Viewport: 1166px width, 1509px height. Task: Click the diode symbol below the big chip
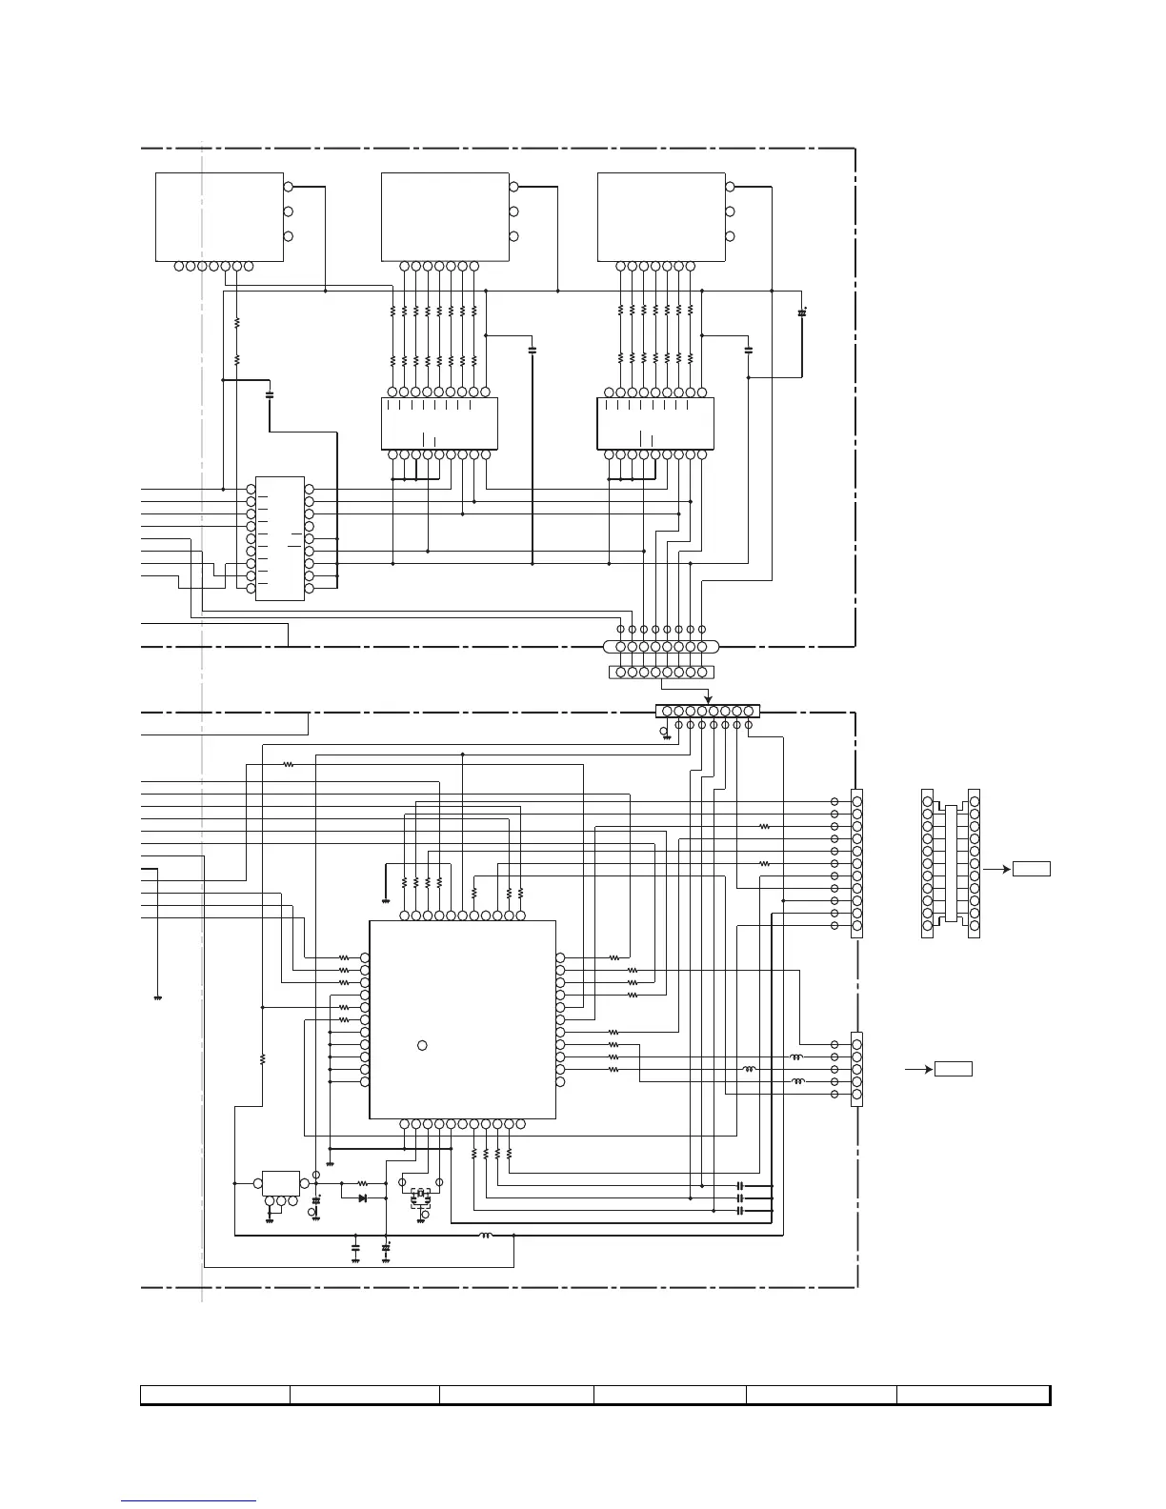(363, 1197)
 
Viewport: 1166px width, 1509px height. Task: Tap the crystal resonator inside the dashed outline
(419, 1194)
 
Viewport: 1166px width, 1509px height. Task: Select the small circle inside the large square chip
(422, 1046)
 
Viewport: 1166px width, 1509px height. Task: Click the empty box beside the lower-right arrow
(954, 1069)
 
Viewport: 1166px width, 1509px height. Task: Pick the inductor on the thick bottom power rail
(486, 1236)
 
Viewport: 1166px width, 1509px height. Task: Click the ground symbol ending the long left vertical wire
(157, 997)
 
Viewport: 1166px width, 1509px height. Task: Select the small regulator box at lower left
(280, 1183)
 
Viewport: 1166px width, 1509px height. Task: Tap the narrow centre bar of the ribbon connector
(948, 863)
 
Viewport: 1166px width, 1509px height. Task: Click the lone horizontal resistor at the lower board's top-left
(288, 764)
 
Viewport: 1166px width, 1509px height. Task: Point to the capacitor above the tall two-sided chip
(270, 392)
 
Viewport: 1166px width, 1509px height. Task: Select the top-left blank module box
(219, 216)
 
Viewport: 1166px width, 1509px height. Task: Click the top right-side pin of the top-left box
(289, 187)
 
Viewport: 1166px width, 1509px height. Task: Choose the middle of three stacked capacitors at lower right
(740, 1198)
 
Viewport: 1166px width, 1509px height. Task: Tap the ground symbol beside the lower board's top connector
(666, 734)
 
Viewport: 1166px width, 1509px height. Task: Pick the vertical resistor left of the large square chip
(262, 1058)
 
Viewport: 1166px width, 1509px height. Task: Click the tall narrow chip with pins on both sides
(280, 538)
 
